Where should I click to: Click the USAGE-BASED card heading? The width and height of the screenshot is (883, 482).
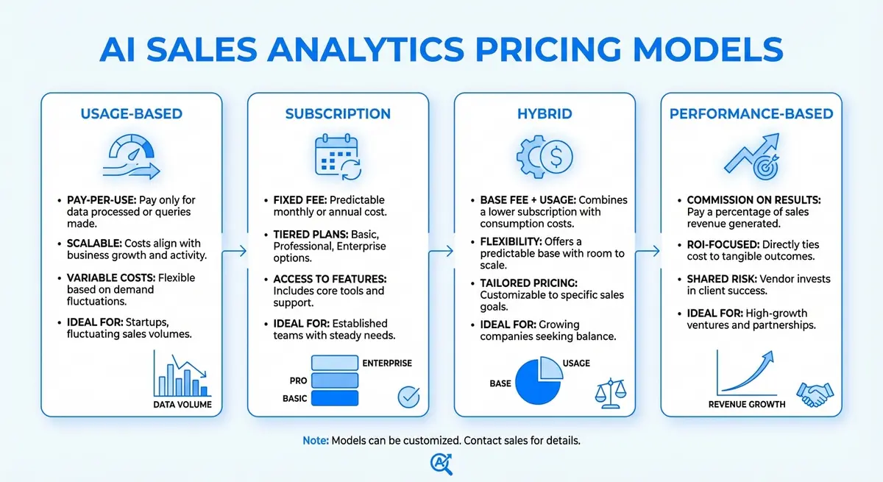(x=132, y=114)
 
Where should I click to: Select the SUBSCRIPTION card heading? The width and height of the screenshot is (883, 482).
(x=338, y=114)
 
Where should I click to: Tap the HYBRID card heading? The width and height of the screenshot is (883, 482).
(x=544, y=114)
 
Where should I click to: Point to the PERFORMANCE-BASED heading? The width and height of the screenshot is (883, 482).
(x=751, y=114)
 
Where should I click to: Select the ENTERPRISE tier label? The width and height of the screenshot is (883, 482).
(x=387, y=363)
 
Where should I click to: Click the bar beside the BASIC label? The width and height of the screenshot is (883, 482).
(x=334, y=398)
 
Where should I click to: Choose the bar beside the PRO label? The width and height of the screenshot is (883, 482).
(x=334, y=380)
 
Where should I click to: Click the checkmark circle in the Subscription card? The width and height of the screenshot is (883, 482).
(x=408, y=397)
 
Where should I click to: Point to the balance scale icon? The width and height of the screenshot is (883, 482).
(x=607, y=391)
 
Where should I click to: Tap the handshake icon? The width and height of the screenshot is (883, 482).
(x=814, y=394)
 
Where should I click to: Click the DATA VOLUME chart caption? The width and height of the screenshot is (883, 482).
(x=182, y=404)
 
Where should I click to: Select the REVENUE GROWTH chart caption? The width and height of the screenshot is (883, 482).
(x=747, y=404)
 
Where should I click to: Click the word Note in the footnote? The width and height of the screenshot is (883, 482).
(x=316, y=441)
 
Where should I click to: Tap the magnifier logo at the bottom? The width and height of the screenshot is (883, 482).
(x=440, y=464)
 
